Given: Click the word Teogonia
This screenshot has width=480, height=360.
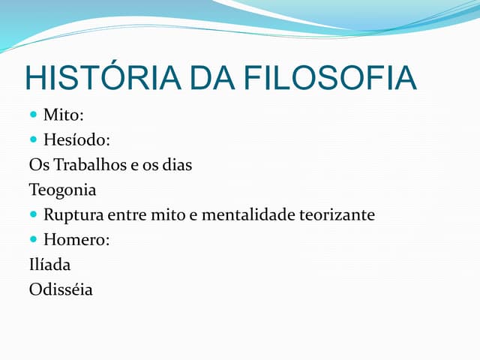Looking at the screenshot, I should click(x=63, y=190).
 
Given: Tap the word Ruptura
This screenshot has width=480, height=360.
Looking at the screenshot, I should click(x=73, y=215).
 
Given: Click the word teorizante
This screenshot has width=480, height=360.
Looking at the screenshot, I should click(x=337, y=215).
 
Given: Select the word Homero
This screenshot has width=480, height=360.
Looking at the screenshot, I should click(x=74, y=240).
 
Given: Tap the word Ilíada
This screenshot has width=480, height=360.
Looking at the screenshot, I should click(x=50, y=265).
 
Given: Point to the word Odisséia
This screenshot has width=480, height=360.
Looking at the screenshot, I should click(x=61, y=289).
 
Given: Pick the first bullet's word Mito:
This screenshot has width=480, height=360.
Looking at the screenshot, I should click(x=63, y=115).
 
